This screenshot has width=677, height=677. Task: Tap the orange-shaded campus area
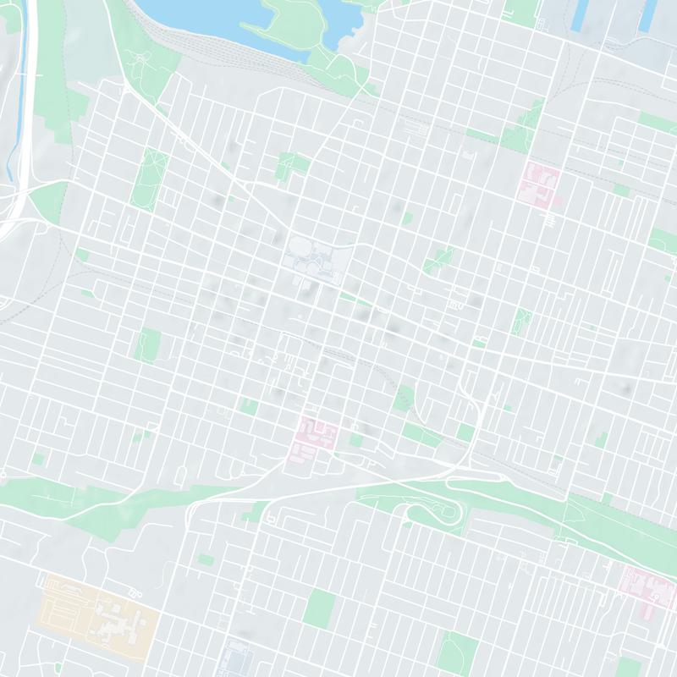coord(97,609)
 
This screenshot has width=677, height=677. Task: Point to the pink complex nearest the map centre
coord(315,433)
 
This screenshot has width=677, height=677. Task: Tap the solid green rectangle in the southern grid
coord(320,608)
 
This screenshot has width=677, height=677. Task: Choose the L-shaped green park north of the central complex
coord(292,165)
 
